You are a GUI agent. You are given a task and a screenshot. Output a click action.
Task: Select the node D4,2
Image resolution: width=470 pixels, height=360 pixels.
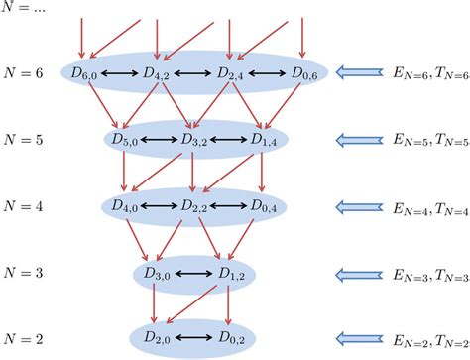pos(159,72)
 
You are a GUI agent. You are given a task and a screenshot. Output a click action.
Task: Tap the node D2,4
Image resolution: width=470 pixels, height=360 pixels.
pos(230,72)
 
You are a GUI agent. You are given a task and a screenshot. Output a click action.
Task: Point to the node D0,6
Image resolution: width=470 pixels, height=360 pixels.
pos(302,72)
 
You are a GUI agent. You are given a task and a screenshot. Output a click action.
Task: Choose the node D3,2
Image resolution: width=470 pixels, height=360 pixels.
pos(194,140)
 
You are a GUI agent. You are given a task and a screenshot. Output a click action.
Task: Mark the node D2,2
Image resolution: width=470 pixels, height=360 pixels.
pos(194,206)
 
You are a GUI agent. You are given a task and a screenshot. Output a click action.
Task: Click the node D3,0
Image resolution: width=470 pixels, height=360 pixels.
pos(159,273)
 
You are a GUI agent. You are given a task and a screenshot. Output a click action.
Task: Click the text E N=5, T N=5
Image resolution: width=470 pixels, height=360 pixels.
pos(428,141)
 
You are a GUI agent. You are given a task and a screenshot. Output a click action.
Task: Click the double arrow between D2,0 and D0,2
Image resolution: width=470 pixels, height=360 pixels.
pos(194,340)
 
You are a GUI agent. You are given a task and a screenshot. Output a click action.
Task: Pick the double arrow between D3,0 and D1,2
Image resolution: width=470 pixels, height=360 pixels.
pos(194,273)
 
